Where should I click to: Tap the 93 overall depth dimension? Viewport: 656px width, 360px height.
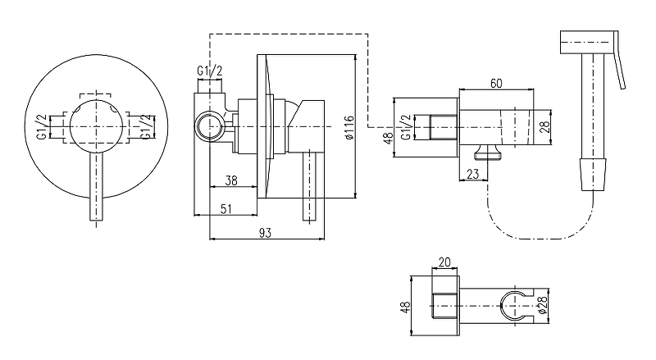[265, 233]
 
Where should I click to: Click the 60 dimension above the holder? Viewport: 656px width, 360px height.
[495, 83]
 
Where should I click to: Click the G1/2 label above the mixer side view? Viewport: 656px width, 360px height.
[210, 72]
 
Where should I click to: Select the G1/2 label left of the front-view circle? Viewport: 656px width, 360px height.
[42, 129]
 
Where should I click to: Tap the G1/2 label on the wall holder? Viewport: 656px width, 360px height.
[404, 128]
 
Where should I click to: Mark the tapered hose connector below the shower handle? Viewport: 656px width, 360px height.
[591, 174]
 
